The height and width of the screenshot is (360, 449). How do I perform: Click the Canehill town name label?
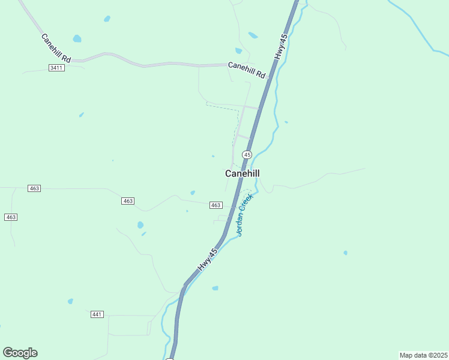[x=242, y=173]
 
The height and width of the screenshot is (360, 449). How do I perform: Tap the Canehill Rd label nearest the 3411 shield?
[x=56, y=48]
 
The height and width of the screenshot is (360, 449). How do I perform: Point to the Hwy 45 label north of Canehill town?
[x=282, y=46]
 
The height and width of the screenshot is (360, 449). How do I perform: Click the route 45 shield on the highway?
[x=247, y=155]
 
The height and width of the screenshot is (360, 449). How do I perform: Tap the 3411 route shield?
[x=56, y=68]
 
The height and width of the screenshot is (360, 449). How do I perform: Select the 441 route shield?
[x=97, y=314]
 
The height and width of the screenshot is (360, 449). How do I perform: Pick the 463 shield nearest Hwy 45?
[x=216, y=205]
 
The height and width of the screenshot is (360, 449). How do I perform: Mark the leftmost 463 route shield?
[x=11, y=217]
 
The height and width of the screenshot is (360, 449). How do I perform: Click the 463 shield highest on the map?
[x=34, y=188]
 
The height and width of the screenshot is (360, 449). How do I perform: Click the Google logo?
[x=20, y=352]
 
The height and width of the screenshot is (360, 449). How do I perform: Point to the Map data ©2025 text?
[x=423, y=355]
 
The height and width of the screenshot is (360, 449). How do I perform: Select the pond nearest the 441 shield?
[x=70, y=301]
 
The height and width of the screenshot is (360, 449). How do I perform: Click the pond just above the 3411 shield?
[x=77, y=39]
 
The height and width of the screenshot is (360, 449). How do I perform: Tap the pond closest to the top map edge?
[x=107, y=19]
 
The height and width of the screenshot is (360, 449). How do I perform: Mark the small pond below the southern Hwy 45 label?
[x=215, y=288]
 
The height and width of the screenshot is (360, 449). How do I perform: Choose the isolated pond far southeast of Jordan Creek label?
[x=345, y=253]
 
